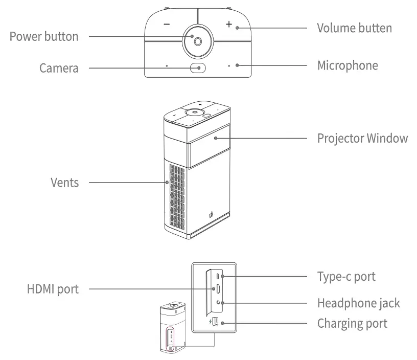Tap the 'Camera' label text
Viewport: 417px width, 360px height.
tap(59, 67)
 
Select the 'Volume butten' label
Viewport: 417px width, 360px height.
tap(354, 28)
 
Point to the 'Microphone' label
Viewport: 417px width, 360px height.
tap(347, 65)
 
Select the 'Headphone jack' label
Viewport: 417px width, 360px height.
tap(358, 303)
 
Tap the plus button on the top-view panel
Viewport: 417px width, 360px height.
tap(229, 24)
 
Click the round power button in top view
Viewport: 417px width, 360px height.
tap(197, 40)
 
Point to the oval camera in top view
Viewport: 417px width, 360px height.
tap(198, 67)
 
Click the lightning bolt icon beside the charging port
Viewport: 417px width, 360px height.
tap(210, 322)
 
